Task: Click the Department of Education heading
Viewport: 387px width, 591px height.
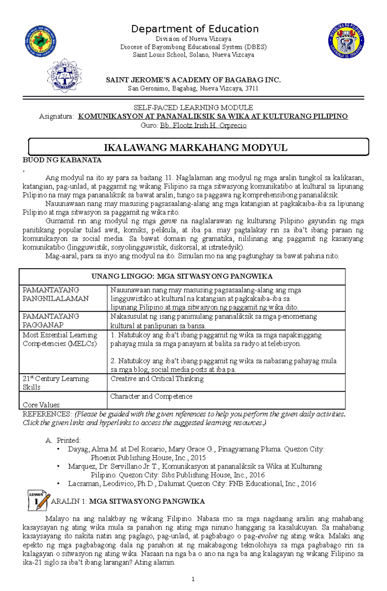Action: point(194,29)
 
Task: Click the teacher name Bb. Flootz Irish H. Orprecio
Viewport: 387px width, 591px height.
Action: point(203,126)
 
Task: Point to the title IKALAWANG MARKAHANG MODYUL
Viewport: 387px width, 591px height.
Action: point(195,148)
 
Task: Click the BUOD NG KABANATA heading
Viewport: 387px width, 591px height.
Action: point(62,160)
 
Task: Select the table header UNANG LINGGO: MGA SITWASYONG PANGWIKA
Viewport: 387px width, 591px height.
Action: point(182,276)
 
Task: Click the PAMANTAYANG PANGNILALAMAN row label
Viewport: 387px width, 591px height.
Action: point(55,294)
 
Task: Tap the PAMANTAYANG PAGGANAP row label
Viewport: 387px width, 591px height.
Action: point(51,320)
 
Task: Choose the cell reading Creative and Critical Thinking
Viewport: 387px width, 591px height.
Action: point(157,379)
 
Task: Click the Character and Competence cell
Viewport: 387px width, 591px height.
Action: point(151,396)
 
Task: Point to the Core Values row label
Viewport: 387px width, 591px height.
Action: point(41,405)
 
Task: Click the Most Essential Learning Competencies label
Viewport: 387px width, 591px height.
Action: point(60,339)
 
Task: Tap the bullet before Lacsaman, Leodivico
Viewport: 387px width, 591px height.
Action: point(58,484)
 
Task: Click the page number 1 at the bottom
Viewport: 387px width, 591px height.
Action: point(193,579)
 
